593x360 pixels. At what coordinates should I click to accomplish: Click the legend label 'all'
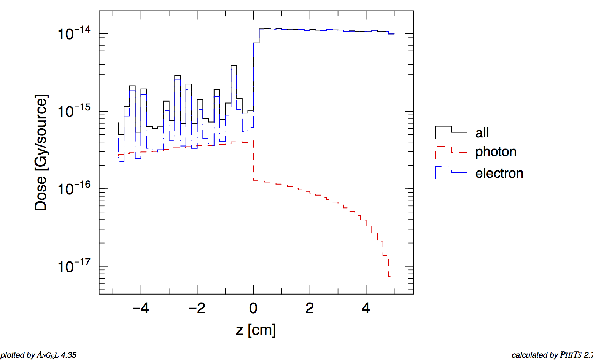coord(482,133)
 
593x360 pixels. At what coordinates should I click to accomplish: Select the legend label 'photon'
coord(496,151)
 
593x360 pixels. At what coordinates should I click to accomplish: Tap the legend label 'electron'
coord(499,173)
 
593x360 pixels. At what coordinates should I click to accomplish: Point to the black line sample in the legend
coord(451,131)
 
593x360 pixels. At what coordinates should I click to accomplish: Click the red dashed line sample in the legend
coord(451,150)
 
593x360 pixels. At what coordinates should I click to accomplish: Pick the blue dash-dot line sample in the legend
coord(451,171)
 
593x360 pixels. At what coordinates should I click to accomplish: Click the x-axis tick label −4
coord(140,308)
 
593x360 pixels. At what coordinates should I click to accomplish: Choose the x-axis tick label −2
coord(197,308)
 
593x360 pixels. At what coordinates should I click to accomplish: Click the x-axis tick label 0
coord(253,308)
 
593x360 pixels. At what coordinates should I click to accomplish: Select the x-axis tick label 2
coord(310,308)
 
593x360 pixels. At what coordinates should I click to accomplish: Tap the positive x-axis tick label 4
coord(366,308)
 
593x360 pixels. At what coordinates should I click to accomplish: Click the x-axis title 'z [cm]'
coord(256,330)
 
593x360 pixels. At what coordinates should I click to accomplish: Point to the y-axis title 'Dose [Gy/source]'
coord(41,152)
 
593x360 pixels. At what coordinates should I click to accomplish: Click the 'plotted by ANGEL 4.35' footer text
coord(38,355)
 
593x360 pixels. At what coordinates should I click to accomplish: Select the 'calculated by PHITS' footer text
coord(552,355)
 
